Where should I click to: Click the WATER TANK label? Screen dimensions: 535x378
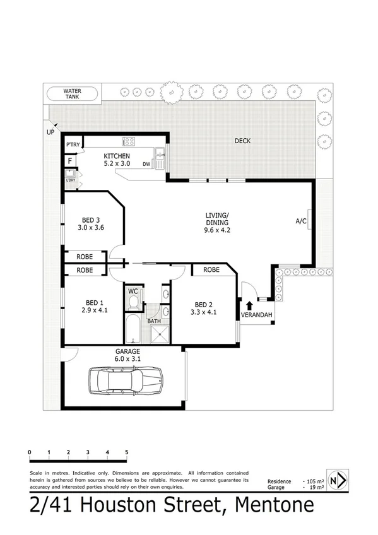72,94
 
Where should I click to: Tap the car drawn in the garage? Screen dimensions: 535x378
127,380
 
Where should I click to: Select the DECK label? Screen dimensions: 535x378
242,141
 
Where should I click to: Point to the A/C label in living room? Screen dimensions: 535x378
301,221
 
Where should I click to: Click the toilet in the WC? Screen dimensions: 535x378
133,302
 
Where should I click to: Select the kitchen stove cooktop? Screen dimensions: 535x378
129,141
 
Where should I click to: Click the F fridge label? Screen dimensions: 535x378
70,160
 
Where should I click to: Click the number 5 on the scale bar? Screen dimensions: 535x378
127,452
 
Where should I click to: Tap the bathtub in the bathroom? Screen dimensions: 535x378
133,329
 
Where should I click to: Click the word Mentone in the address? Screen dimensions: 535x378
274,505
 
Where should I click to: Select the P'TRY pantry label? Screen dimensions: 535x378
73,145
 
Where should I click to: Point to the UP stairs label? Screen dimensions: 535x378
49,132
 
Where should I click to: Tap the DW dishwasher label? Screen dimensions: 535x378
146,164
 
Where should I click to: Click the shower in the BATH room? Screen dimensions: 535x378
163,332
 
